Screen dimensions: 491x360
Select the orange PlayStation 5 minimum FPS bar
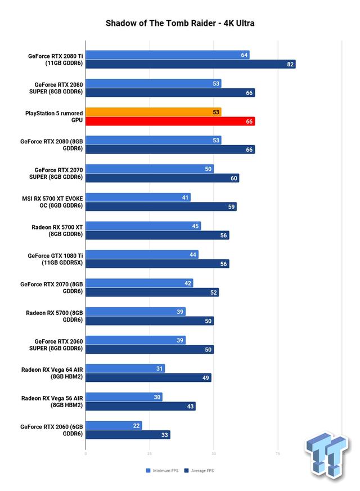click(x=153, y=112)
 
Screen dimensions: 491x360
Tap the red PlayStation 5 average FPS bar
click(x=170, y=121)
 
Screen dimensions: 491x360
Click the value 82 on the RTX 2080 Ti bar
click(x=290, y=64)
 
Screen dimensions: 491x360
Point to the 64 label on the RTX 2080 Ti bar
click(x=244, y=55)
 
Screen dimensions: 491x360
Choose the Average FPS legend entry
click(x=200, y=470)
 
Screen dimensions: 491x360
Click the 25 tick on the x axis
click(x=149, y=453)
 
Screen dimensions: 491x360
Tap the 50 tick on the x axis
click(x=213, y=453)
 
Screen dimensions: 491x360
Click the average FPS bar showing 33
click(x=128, y=435)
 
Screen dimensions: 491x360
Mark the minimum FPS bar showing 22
click(x=114, y=425)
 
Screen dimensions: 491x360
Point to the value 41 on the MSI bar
click(x=186, y=197)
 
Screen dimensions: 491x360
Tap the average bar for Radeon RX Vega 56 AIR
click(x=141, y=406)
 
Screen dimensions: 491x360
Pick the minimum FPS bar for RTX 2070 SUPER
click(x=150, y=169)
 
